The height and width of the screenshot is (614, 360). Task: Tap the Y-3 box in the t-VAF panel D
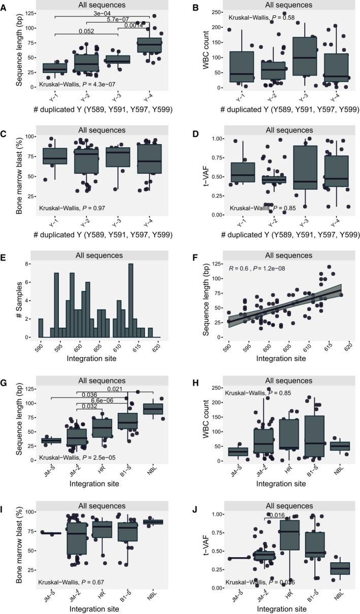[305, 174]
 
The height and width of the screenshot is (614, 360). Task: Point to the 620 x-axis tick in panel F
[348, 344]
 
